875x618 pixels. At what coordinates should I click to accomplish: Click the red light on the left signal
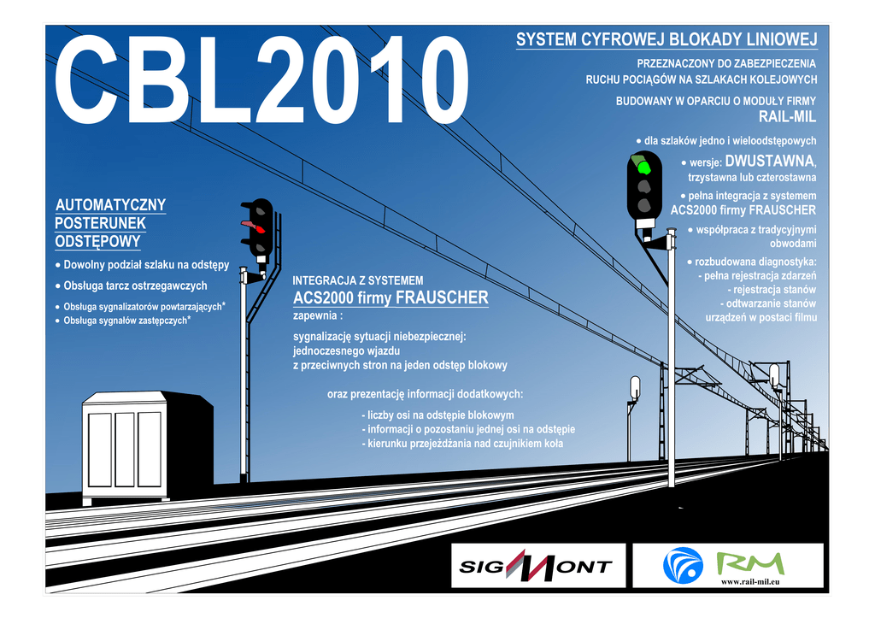pyautogui.click(x=257, y=227)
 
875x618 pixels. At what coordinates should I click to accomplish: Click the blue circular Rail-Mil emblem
pyautogui.click(x=683, y=565)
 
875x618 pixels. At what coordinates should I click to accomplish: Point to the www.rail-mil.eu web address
pyautogui.click(x=755, y=582)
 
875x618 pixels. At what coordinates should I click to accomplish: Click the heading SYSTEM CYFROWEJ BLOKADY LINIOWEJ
pyautogui.click(x=667, y=40)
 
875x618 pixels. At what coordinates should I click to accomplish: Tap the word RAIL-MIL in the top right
pyautogui.click(x=787, y=117)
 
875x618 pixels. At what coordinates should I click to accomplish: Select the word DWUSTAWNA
pyautogui.click(x=769, y=161)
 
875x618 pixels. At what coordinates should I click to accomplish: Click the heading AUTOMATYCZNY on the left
pyautogui.click(x=110, y=205)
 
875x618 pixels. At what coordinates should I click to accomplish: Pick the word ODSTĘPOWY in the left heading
pyautogui.click(x=97, y=242)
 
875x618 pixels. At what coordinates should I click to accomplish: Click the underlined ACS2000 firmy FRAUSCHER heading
pyautogui.click(x=391, y=298)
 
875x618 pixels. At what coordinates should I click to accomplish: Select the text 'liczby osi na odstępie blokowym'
pyautogui.click(x=440, y=415)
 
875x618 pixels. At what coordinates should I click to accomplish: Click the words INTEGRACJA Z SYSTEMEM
pyautogui.click(x=357, y=280)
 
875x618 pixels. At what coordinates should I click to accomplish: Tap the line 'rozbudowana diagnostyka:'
pyautogui.click(x=755, y=261)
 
